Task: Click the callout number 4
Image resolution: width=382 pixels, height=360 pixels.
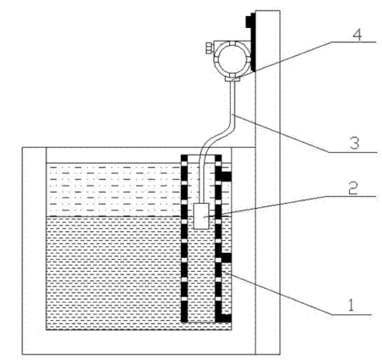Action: click(357, 34)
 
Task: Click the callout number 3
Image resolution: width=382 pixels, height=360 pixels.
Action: click(355, 143)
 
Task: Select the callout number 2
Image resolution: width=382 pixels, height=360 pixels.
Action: click(353, 188)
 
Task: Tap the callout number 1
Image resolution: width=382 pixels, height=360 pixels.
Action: click(352, 306)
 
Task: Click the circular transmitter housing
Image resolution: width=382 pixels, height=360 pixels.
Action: click(233, 58)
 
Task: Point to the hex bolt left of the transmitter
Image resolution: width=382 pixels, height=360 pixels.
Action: click(209, 48)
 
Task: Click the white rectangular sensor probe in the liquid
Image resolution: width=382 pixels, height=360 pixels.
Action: click(201, 216)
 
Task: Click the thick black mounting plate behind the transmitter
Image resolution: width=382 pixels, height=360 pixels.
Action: click(253, 42)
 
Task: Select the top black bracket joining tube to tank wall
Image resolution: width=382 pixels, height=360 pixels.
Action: click(225, 176)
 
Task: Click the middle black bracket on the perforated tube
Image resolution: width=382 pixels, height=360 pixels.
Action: click(225, 258)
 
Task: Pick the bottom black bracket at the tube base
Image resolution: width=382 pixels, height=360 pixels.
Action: click(225, 318)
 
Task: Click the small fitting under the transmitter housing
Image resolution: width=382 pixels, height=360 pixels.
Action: click(232, 78)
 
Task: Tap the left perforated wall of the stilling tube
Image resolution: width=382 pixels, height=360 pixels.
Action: click(184, 238)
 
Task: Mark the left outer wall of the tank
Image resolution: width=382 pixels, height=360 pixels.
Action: click(34, 250)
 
